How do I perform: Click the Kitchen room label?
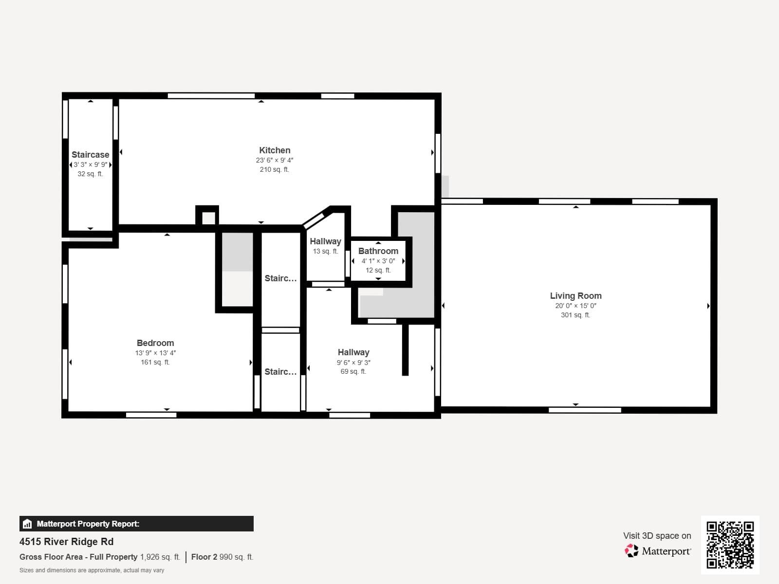click(275, 150)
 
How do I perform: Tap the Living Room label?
click(575, 296)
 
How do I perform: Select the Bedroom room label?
click(155, 343)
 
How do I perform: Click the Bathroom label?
click(378, 251)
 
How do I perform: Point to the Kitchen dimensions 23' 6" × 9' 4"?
click(275, 160)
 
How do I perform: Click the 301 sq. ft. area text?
click(575, 315)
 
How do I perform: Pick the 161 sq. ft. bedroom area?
click(155, 363)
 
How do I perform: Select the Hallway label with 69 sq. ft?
click(353, 352)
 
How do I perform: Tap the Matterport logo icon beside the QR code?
click(631, 551)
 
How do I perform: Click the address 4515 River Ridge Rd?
click(67, 542)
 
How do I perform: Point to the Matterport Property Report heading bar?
click(136, 524)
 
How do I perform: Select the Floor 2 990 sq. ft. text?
click(222, 557)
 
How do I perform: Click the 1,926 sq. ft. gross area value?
click(160, 557)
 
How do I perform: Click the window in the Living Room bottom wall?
click(585, 410)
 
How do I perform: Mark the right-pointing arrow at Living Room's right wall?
click(708, 306)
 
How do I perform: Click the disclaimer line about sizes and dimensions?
click(92, 570)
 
